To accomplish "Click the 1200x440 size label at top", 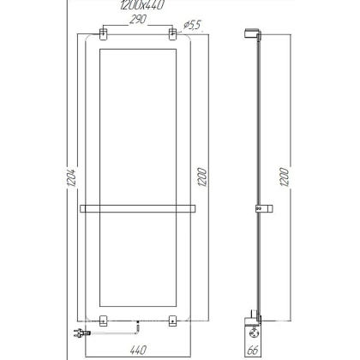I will click(138, 6).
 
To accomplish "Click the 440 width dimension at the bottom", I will click(138, 349).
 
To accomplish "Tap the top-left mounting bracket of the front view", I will click(104, 35).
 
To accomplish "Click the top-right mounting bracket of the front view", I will click(173, 35).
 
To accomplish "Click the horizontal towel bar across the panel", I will click(138, 207).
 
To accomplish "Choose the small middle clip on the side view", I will click(257, 207).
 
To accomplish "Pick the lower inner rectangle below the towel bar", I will click(138, 261).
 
